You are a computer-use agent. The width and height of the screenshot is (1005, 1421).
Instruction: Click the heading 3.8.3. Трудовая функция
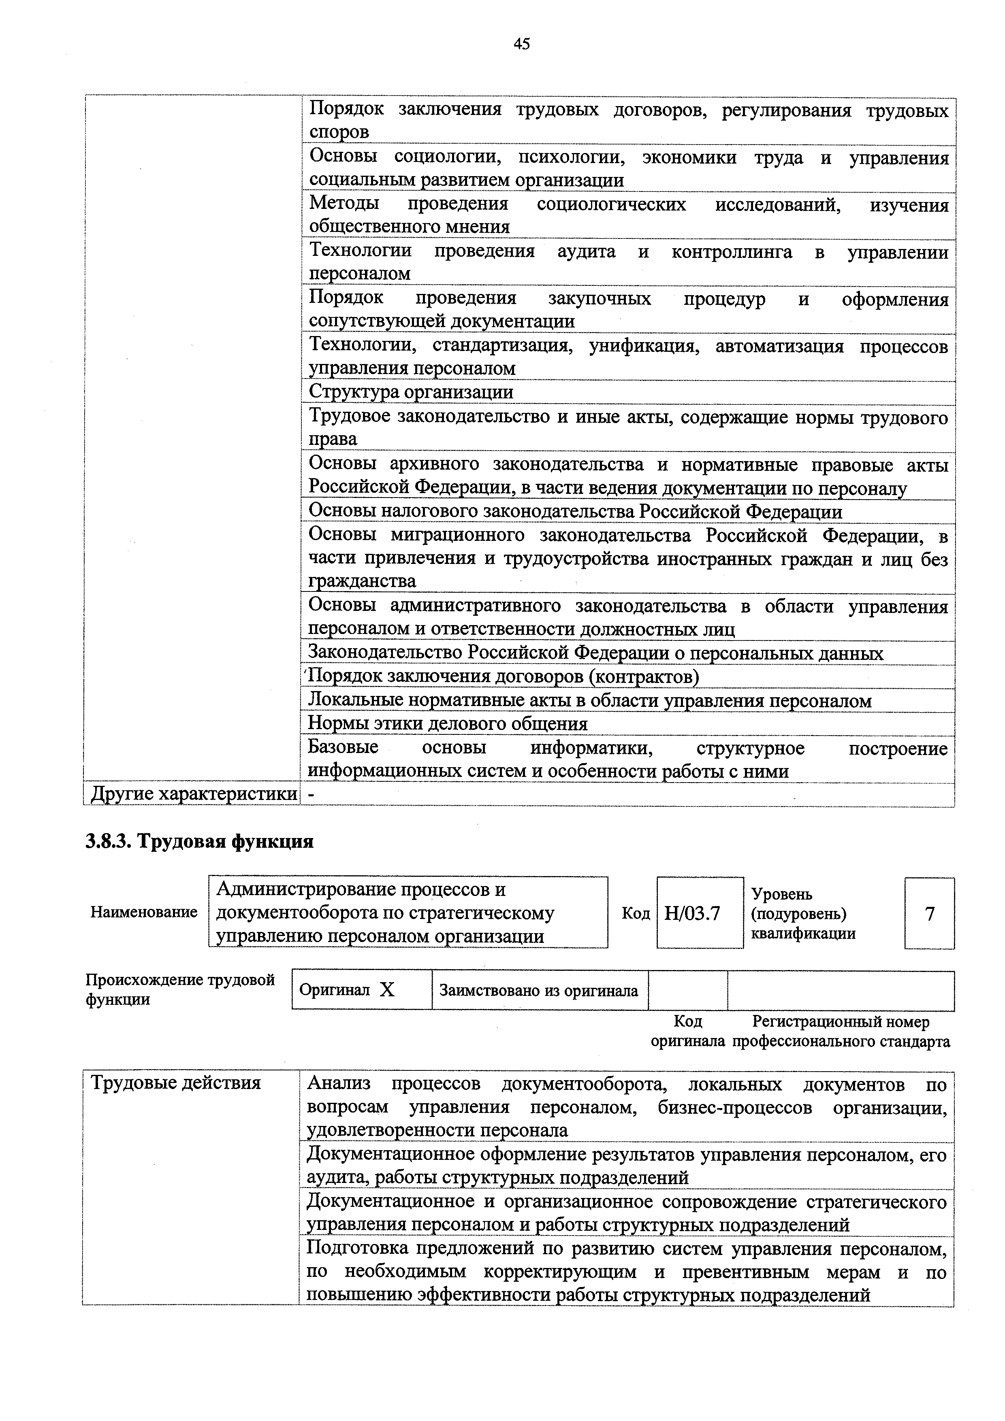click(x=199, y=842)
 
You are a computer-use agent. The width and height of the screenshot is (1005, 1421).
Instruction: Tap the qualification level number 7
click(x=930, y=913)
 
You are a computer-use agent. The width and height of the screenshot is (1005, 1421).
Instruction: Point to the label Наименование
click(x=144, y=912)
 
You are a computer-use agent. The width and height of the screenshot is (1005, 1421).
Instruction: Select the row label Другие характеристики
click(x=193, y=794)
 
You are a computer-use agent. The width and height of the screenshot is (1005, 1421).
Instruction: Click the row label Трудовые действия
click(x=176, y=1083)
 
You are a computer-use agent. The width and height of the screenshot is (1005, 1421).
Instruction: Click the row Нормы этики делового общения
click(x=448, y=723)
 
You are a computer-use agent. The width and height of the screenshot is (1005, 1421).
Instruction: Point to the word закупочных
click(x=600, y=299)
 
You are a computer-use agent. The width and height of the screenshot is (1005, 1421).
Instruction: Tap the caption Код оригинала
click(x=687, y=1032)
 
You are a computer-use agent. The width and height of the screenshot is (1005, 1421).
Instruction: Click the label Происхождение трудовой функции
click(x=179, y=989)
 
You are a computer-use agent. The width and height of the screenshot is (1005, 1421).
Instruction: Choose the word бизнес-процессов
click(x=735, y=1107)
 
